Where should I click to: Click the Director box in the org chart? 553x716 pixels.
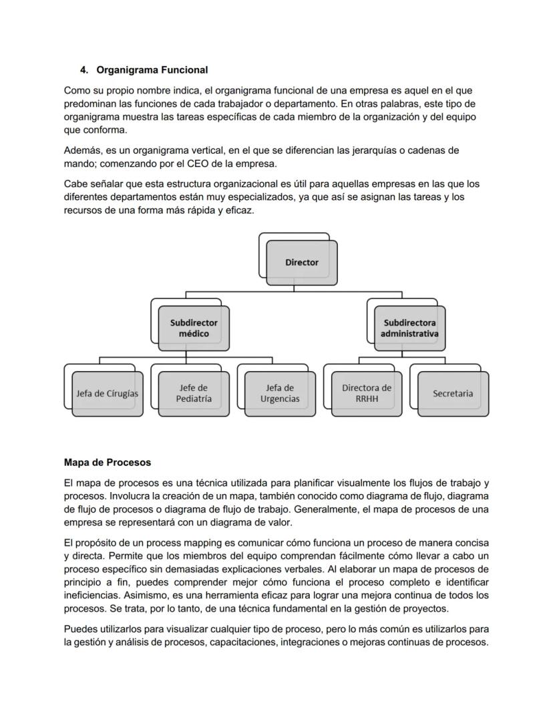(301, 262)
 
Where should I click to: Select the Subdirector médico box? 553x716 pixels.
(194, 328)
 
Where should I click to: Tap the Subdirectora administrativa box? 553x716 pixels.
(409, 328)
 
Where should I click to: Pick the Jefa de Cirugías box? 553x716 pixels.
(107, 393)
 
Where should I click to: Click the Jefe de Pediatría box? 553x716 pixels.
(194, 393)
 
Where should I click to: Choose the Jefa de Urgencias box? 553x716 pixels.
(280, 393)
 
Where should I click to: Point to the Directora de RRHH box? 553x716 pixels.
(367, 393)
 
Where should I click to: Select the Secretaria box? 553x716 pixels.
(452, 393)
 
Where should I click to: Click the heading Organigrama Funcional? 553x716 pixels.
(152, 70)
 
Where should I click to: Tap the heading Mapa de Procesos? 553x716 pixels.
(108, 462)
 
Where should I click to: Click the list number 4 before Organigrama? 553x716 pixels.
(83, 70)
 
